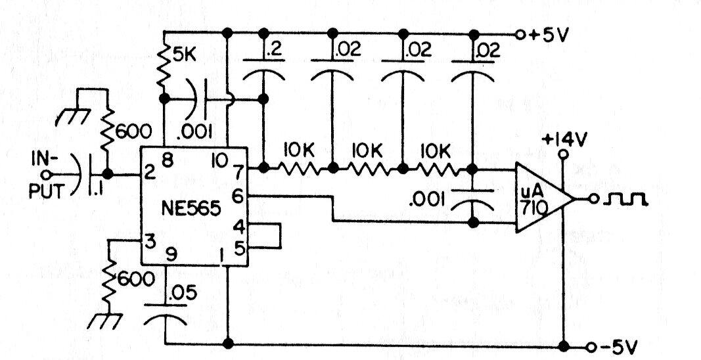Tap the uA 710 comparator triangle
544,198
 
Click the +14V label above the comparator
562,141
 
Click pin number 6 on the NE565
238,195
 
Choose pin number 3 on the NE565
150,243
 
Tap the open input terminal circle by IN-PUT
46,174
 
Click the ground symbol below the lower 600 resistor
105,321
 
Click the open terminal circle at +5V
520,34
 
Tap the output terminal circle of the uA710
593,199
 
